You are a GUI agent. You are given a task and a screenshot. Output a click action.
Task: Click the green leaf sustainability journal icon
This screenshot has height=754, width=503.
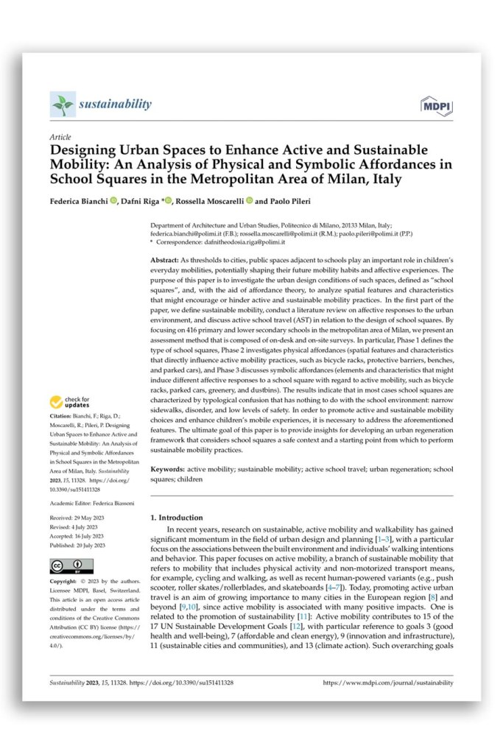tap(62, 105)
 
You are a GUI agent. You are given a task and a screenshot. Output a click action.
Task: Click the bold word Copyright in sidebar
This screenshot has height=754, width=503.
tap(65, 582)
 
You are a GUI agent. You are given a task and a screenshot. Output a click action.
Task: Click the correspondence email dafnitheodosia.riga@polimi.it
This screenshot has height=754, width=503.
tap(254, 242)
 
